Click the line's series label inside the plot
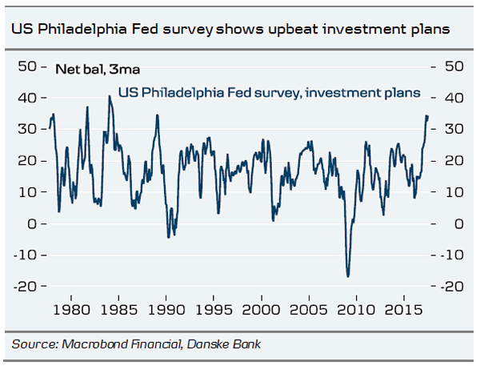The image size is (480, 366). pos(269,93)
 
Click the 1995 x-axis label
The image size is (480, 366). pos(214,308)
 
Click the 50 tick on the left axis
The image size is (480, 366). pos(28,66)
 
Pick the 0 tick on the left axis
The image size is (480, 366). pos(33,223)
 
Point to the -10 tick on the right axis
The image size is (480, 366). pos(450,255)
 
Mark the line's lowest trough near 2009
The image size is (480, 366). pos(348,276)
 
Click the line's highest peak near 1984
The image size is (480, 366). pos(109,97)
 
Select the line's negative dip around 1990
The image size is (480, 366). pos(168,236)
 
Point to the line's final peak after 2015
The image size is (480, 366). pos(426,116)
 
